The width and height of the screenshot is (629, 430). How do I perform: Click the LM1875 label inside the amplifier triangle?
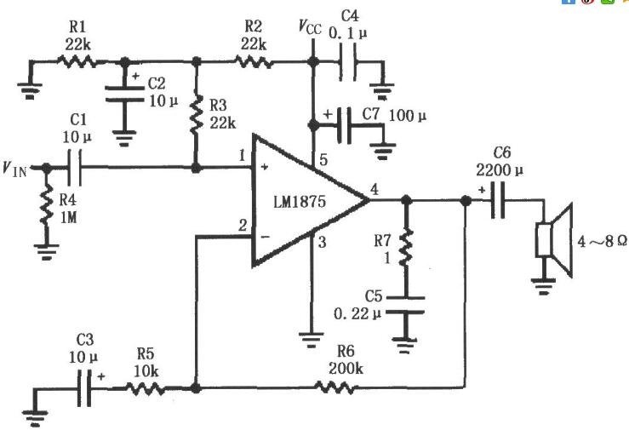point(300,201)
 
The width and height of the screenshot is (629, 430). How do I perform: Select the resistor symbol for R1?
point(77,62)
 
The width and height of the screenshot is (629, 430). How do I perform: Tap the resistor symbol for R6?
point(335,387)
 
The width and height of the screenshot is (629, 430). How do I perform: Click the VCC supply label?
point(310,26)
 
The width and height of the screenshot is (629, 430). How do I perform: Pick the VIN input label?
point(14,169)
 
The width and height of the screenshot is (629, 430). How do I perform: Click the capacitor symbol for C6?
point(498,200)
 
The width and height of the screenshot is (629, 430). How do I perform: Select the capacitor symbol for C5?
point(405,305)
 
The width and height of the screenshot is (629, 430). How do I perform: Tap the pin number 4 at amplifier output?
point(375,189)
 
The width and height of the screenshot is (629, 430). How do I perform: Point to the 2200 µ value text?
point(500,170)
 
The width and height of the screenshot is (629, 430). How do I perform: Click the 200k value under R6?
point(346,368)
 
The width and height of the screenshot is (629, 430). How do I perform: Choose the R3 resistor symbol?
point(196,114)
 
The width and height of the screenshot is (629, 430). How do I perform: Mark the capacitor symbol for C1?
point(75,168)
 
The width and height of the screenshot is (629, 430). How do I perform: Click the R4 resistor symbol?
point(47,204)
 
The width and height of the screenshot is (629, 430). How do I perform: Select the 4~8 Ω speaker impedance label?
point(602,241)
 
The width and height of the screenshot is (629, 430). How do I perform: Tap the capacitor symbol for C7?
point(344,125)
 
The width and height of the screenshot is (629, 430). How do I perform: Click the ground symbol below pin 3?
point(311,340)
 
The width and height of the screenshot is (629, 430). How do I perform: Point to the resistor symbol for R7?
point(406,247)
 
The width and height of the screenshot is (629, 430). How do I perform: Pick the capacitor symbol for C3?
point(84,388)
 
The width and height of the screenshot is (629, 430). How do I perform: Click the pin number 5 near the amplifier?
point(323,159)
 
